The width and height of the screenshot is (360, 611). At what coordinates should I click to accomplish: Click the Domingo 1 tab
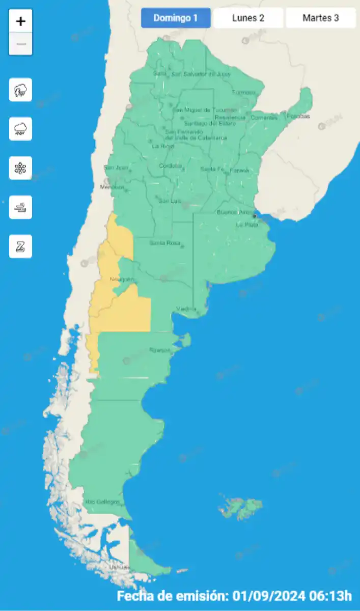click(x=176, y=18)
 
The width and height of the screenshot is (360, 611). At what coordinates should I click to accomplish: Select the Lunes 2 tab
click(x=248, y=18)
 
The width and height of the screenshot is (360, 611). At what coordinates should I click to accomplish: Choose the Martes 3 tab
click(x=321, y=18)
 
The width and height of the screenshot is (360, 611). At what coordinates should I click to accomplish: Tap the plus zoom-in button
click(x=20, y=21)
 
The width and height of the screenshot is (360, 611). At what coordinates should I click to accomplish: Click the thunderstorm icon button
click(x=20, y=90)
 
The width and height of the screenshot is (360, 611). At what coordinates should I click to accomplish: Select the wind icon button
click(x=20, y=207)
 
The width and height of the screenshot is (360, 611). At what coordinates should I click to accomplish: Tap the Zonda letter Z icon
click(x=20, y=246)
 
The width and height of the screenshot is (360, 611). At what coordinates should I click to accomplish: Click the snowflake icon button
click(x=20, y=168)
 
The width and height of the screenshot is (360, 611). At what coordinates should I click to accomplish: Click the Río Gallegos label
click(x=102, y=502)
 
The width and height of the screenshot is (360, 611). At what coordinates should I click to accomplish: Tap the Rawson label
click(x=159, y=350)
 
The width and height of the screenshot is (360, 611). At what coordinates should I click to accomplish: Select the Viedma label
click(x=186, y=309)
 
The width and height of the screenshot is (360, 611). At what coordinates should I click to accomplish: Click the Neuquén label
click(x=122, y=280)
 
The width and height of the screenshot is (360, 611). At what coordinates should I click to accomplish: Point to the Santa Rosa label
click(x=165, y=243)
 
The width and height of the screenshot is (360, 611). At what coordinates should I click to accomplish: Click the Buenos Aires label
click(x=235, y=212)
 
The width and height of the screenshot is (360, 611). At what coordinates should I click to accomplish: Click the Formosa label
click(x=243, y=93)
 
